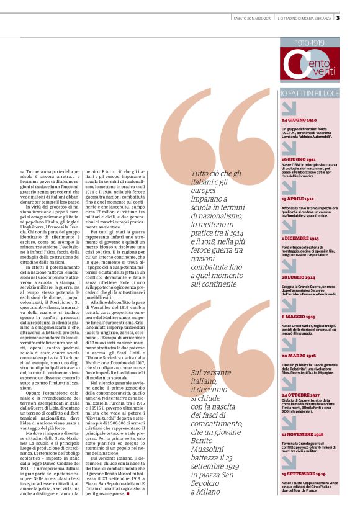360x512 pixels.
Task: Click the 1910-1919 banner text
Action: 309,43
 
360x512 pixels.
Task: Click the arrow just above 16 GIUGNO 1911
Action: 289,146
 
